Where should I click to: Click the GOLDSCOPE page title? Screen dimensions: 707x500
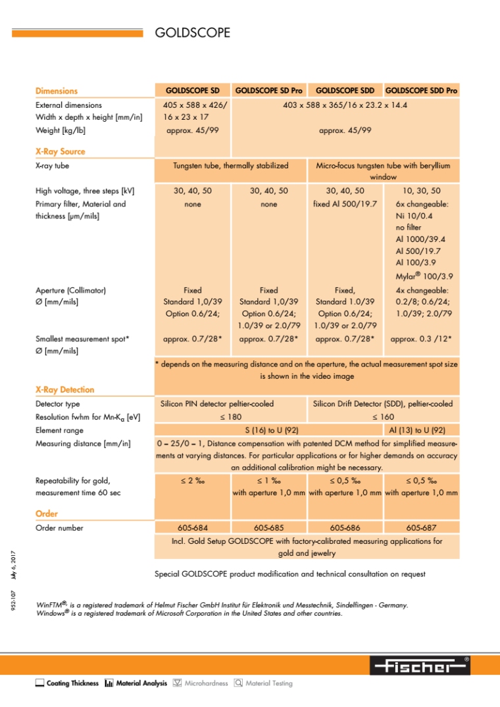point(192,32)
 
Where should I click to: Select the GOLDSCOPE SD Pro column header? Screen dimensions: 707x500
point(268,91)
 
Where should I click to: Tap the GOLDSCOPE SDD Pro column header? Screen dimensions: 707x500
point(421,91)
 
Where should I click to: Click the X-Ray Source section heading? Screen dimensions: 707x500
point(60,151)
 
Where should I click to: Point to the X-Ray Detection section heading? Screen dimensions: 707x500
point(64,389)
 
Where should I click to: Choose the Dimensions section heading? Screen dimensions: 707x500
point(56,91)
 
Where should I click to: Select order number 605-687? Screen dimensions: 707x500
point(422,527)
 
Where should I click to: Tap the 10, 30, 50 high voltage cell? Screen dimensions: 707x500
point(422,191)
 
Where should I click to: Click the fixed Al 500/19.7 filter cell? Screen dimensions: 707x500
point(345,204)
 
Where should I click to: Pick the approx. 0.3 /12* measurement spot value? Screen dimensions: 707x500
point(422,340)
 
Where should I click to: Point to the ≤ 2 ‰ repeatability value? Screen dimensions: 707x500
point(193,480)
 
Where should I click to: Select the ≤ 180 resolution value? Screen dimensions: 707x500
point(230,417)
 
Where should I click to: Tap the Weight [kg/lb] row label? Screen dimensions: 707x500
point(60,130)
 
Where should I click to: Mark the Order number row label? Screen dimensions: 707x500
point(59,527)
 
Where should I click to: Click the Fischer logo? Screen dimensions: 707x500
point(419,666)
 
